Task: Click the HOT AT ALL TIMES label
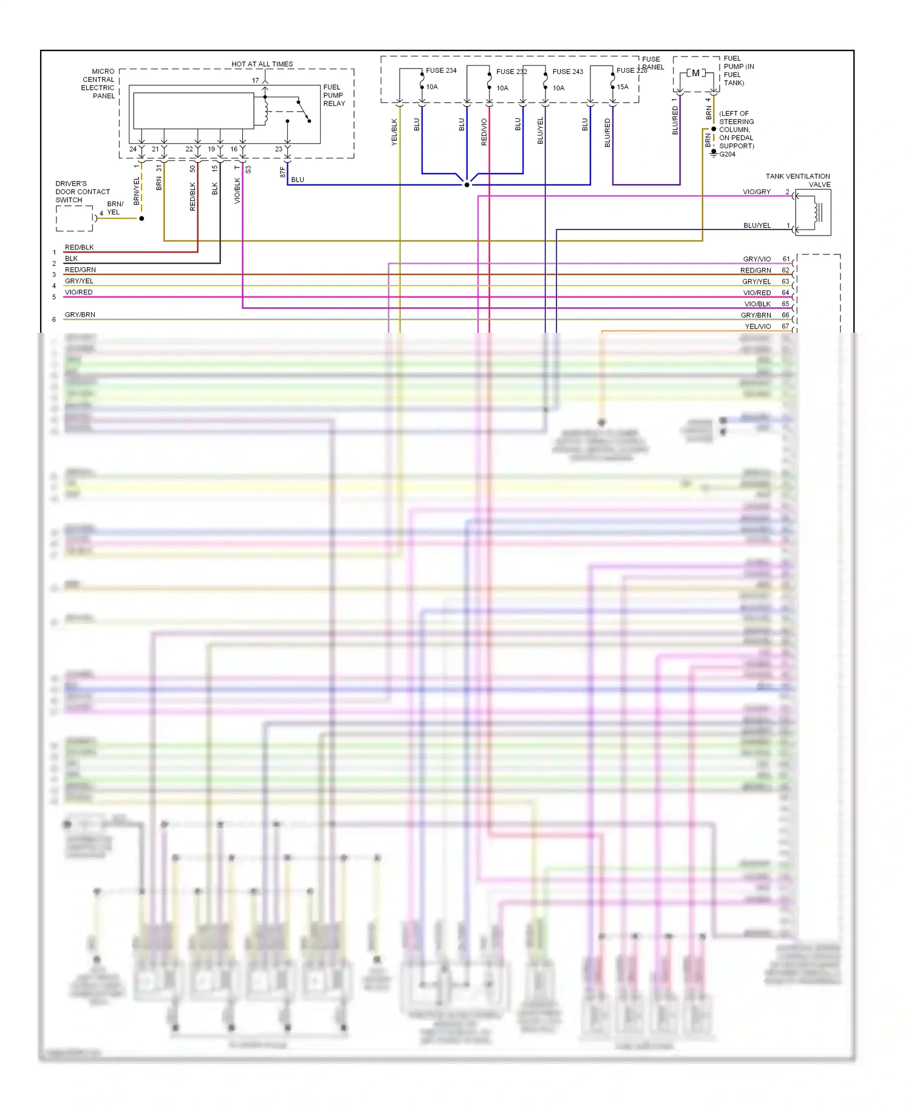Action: tap(262, 64)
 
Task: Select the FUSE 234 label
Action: tap(441, 70)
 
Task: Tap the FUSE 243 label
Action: tap(567, 72)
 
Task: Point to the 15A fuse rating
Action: tap(623, 87)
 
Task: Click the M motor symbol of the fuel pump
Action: tap(695, 73)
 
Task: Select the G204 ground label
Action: tap(727, 154)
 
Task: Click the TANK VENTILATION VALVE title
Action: tap(798, 180)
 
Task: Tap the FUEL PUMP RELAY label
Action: tap(334, 95)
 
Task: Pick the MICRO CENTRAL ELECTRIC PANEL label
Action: tap(98, 83)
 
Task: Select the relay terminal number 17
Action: tap(255, 80)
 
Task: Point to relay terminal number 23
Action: tap(278, 149)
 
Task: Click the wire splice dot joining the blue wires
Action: tap(466, 185)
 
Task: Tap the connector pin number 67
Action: tap(785, 326)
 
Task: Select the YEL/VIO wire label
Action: tap(757, 326)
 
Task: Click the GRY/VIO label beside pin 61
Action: tap(756, 259)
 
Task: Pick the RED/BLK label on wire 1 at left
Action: tap(79, 247)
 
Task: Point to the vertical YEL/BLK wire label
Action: tap(394, 132)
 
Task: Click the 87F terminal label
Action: tap(282, 172)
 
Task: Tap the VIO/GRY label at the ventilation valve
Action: tap(756, 192)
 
